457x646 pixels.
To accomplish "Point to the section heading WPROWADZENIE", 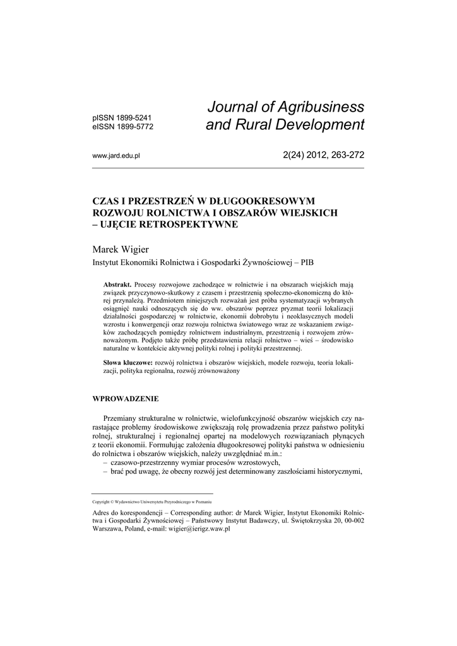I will (126, 399).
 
